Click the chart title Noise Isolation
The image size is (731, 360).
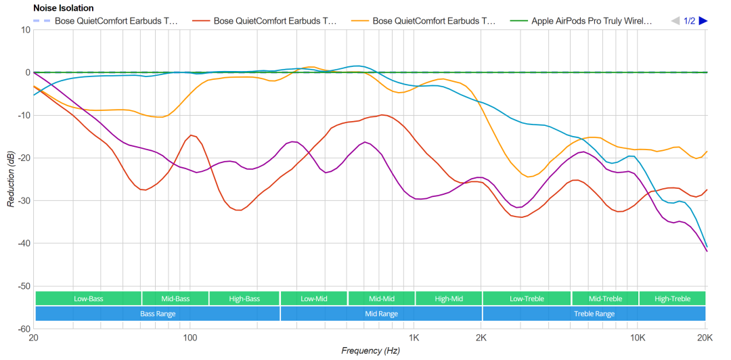(63, 8)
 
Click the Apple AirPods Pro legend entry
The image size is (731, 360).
(592, 21)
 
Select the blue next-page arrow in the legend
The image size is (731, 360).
(703, 21)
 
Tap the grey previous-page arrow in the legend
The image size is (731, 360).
(675, 21)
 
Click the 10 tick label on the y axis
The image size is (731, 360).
(25, 30)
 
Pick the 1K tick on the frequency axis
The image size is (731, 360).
(413, 338)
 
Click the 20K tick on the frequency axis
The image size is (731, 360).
(705, 338)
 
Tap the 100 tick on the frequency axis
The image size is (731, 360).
(190, 338)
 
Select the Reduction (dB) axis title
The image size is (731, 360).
(12, 179)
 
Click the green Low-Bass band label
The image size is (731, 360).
(88, 298)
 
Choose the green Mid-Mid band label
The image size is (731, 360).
(381, 298)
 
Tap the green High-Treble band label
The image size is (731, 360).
(672, 298)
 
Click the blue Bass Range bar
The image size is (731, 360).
(157, 314)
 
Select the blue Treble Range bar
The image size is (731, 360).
(594, 314)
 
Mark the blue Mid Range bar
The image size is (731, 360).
(381, 314)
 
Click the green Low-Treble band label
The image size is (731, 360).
(527, 298)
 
